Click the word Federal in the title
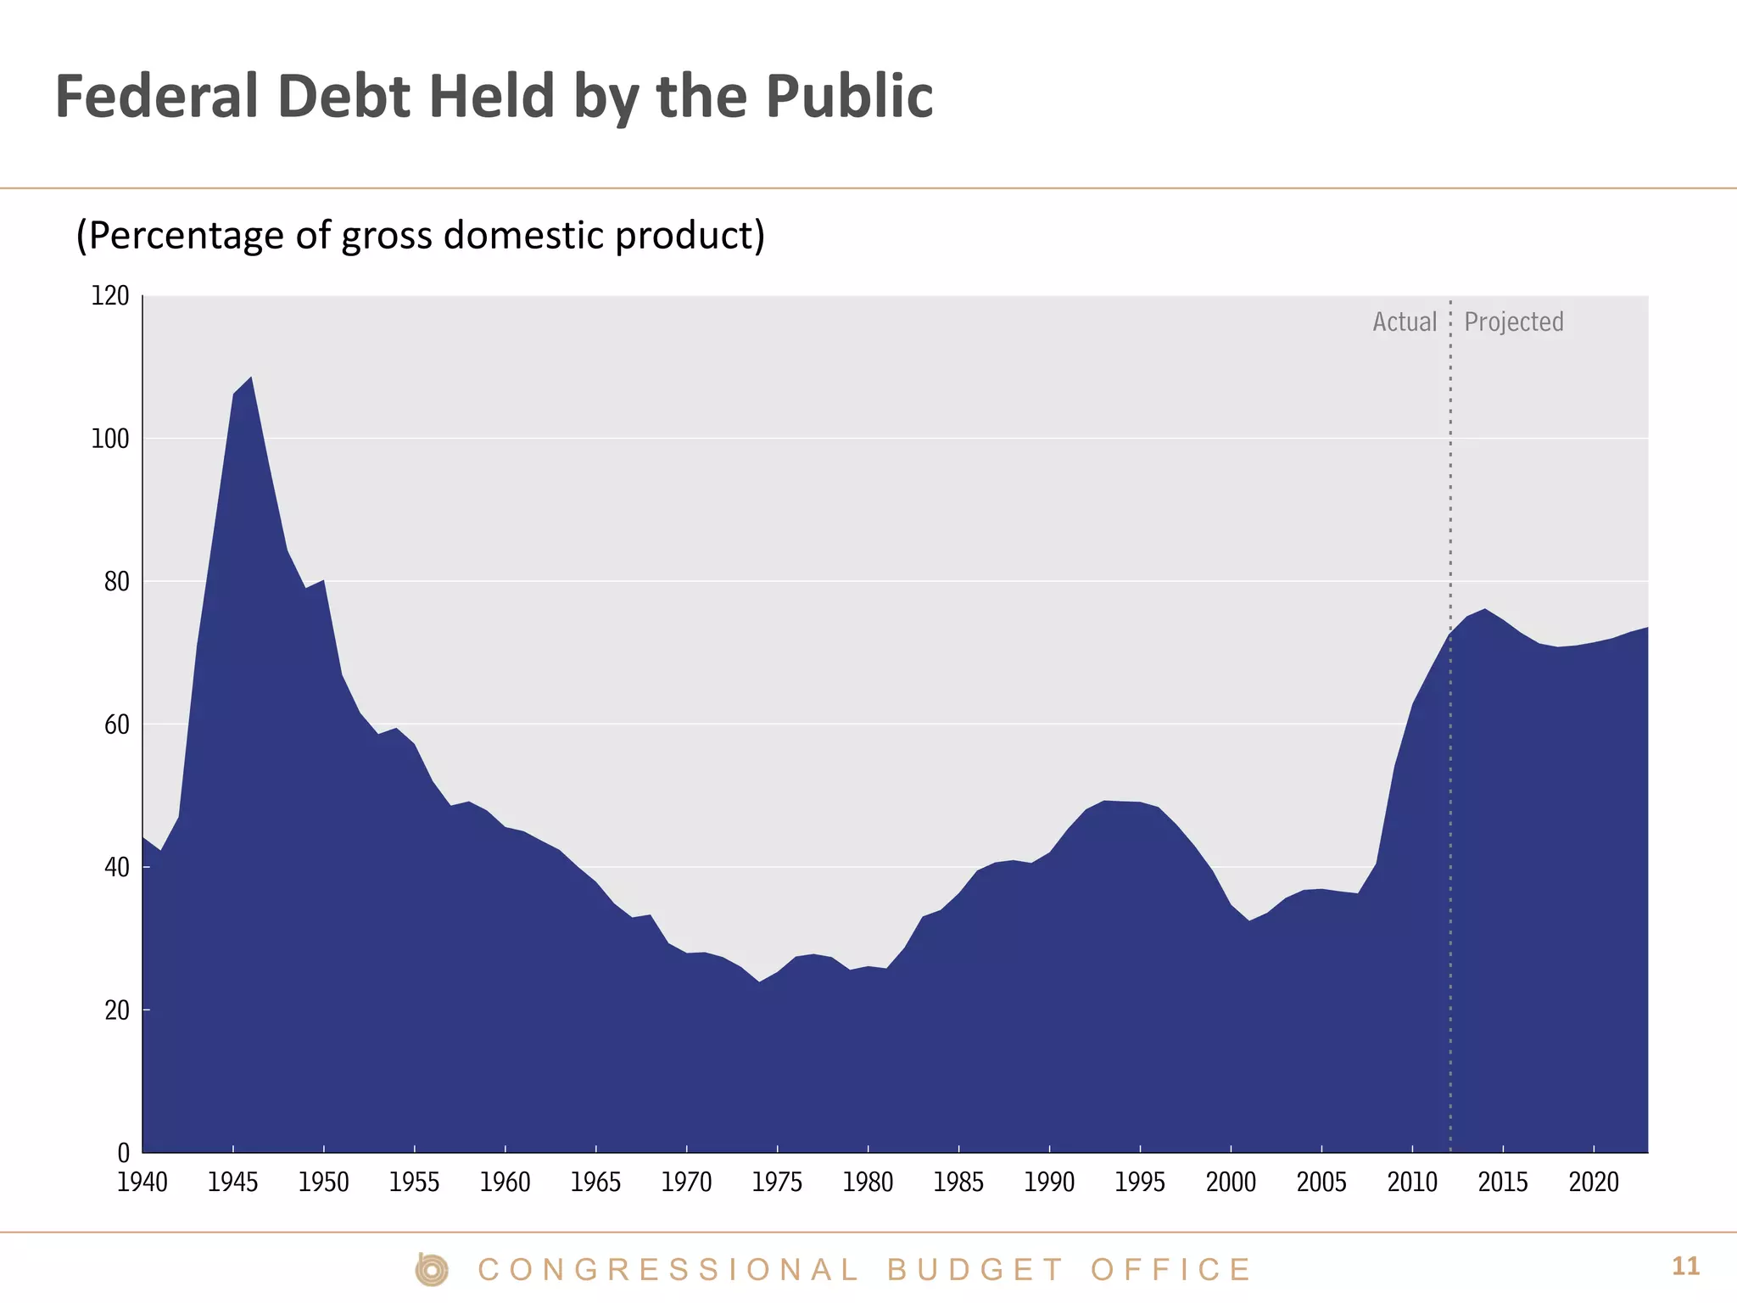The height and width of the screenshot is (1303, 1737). tap(156, 96)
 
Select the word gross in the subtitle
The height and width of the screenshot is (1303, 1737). tap(386, 236)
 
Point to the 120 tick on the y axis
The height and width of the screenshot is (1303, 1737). tap(110, 296)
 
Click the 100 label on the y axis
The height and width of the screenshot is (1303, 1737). tap(110, 439)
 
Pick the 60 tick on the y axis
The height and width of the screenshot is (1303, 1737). tap(117, 724)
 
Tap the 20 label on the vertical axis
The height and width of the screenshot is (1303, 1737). tap(117, 1010)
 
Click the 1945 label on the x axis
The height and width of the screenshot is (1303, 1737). tap(232, 1182)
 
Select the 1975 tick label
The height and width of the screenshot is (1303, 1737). tap(777, 1182)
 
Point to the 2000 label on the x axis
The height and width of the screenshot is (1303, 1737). tap(1231, 1182)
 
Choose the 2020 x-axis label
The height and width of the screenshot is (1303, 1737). tap(1594, 1182)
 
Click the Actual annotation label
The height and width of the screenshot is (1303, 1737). tap(1405, 322)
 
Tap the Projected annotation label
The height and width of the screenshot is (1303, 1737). tap(1514, 322)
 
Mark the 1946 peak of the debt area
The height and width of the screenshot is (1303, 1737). tap(251, 377)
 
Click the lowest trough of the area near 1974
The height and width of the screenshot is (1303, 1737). tap(759, 981)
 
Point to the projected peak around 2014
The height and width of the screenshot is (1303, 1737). tap(1484, 609)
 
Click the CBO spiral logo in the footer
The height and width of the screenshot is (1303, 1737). tap(432, 1269)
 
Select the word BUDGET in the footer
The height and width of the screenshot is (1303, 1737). tap(975, 1270)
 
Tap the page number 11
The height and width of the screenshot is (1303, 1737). tap(1685, 1267)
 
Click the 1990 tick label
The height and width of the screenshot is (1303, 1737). tap(1049, 1182)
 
